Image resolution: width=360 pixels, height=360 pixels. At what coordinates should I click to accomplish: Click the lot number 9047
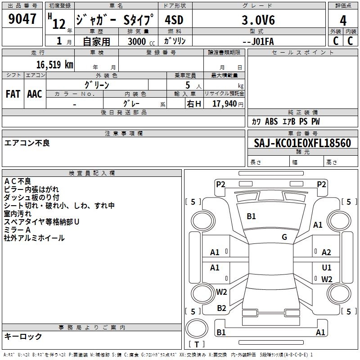click(x=22, y=19)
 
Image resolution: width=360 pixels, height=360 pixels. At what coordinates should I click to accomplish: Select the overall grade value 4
click(x=343, y=20)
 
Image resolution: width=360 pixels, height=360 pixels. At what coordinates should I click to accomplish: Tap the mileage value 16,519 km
click(x=55, y=64)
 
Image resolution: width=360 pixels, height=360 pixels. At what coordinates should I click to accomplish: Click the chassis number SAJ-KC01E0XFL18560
click(x=302, y=143)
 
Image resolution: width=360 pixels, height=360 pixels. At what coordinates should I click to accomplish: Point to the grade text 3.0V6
click(x=258, y=20)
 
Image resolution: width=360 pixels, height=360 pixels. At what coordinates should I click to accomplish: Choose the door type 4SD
click(x=174, y=20)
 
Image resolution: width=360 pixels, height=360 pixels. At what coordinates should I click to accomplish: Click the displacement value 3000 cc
click(x=141, y=41)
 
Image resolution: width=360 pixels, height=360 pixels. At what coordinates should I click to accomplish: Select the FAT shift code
click(x=13, y=94)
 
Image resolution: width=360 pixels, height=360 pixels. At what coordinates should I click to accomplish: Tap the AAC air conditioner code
click(x=35, y=94)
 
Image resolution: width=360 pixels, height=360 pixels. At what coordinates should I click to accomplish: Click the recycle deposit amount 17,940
click(x=225, y=104)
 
